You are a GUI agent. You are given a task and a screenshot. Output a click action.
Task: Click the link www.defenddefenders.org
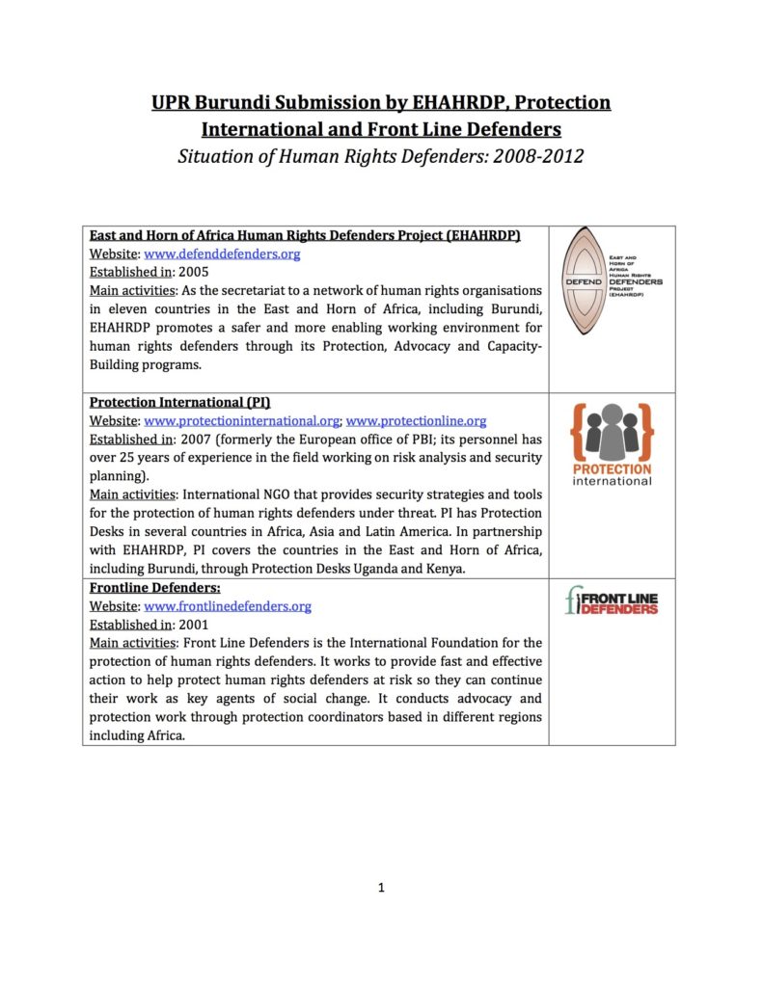click(x=222, y=254)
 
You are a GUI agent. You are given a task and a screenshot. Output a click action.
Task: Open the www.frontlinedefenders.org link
click(x=228, y=606)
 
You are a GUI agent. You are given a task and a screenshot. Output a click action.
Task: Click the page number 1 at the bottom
click(x=381, y=888)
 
